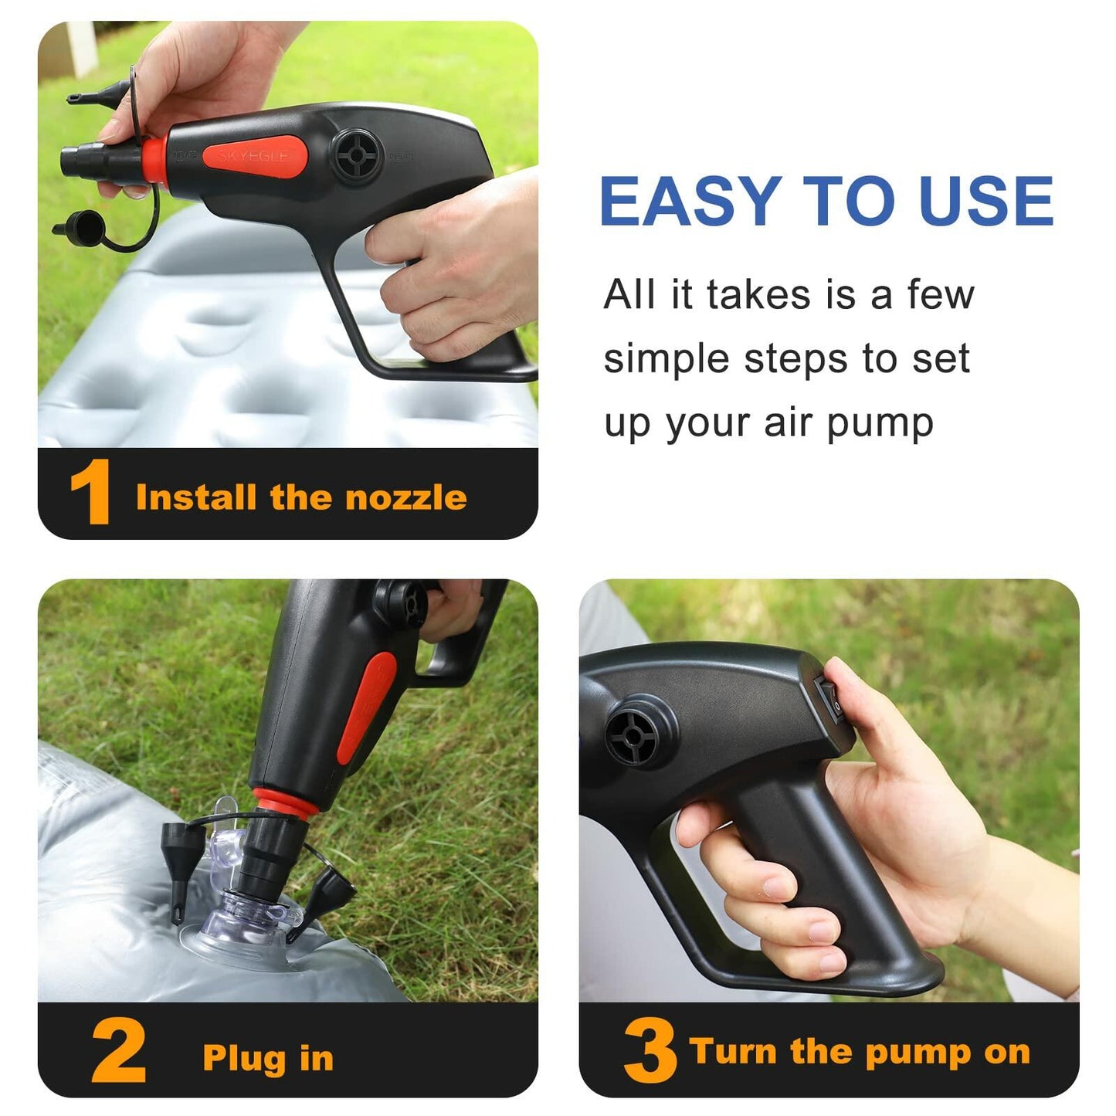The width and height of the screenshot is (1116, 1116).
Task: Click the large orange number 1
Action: [x=91, y=492]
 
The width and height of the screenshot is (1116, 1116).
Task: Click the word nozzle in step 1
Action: [x=406, y=497]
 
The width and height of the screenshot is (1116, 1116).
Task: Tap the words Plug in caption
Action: [x=268, y=1043]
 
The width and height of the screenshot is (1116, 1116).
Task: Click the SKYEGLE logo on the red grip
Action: [x=253, y=156]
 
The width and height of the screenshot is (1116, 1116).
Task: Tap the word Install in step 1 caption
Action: [x=195, y=497]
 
